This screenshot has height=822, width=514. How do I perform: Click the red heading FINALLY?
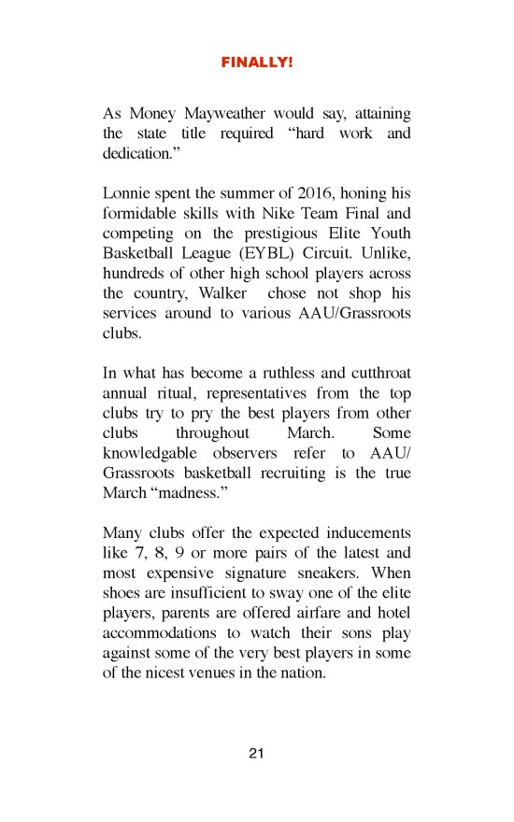pyautogui.click(x=257, y=63)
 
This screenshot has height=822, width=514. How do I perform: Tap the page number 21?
pyautogui.click(x=257, y=754)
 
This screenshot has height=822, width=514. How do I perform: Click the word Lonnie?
pyautogui.click(x=126, y=194)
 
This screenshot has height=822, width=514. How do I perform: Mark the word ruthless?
pyautogui.click(x=278, y=375)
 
